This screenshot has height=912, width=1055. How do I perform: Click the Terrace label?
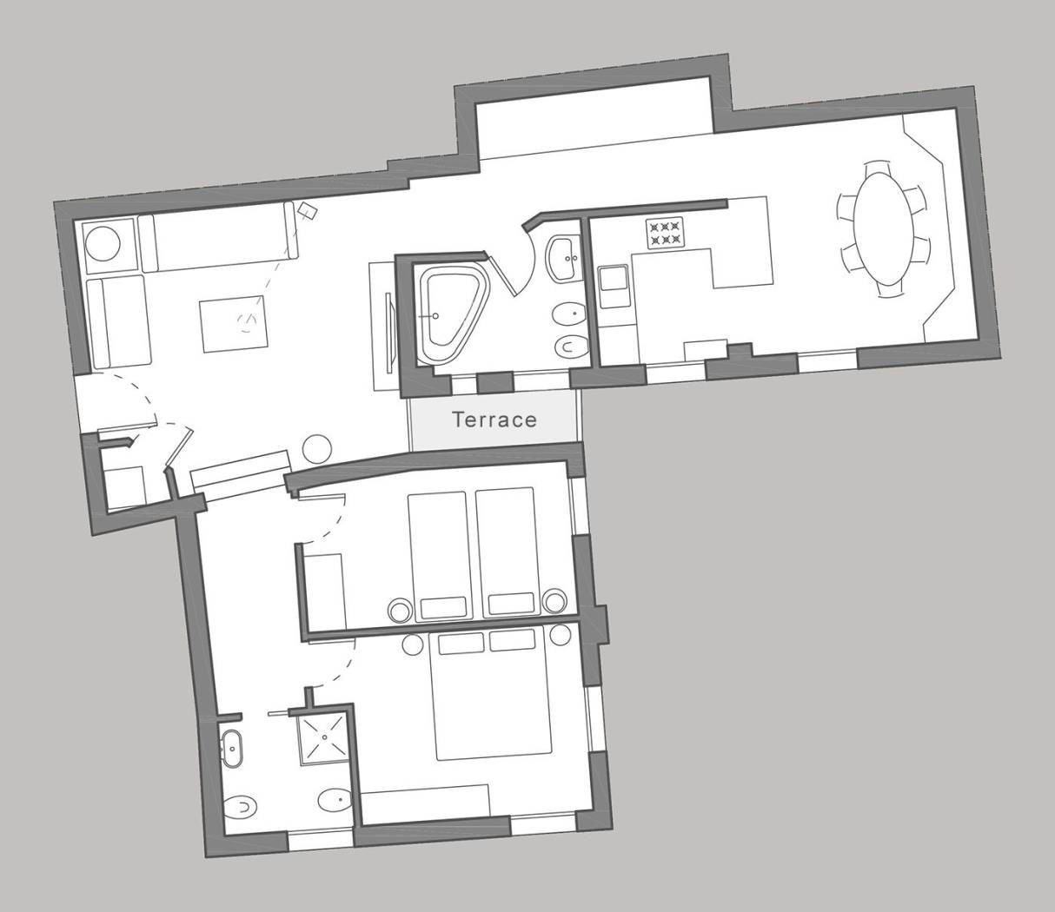[494, 420]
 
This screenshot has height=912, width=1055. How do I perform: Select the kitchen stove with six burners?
[665, 233]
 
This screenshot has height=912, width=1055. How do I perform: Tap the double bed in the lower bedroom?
[489, 695]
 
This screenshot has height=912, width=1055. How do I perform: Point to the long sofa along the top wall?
[219, 236]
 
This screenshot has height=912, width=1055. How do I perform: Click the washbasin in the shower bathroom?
[232, 749]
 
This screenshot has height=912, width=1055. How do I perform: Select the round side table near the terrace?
[317, 449]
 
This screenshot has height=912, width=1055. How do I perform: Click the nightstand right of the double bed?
[561, 636]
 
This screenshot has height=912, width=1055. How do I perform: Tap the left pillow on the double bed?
[461, 644]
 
